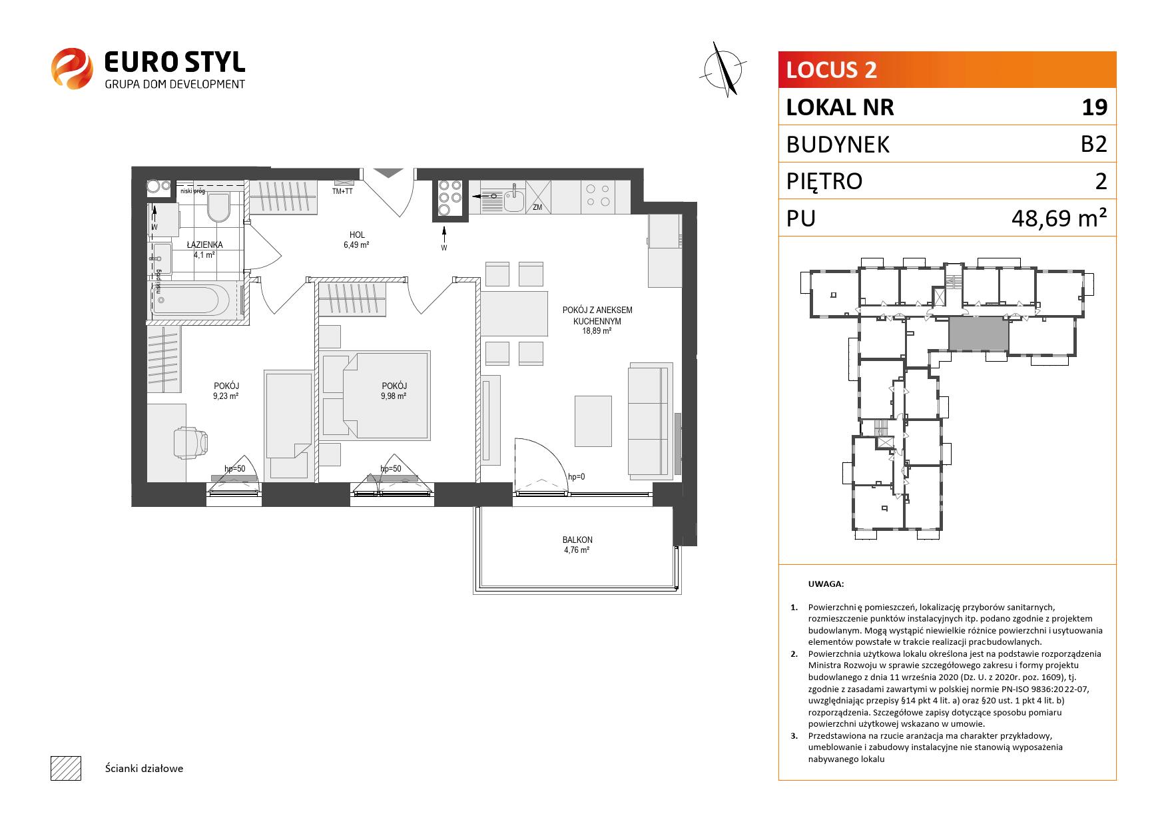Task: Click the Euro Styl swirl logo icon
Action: click(71, 68)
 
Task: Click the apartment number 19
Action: click(1094, 107)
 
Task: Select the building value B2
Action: click(1093, 144)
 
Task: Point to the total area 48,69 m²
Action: click(1059, 218)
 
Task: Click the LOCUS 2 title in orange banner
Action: click(832, 69)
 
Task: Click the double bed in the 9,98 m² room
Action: click(374, 396)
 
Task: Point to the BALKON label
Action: click(577, 540)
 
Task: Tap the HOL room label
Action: click(357, 234)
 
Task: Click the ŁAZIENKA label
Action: click(204, 244)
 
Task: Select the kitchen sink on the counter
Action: click(512, 197)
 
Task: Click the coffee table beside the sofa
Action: click(593, 421)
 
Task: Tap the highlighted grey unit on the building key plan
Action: click(978, 334)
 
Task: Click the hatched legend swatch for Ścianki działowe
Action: click(65, 768)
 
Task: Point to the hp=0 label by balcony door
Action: click(577, 476)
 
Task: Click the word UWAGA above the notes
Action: click(826, 584)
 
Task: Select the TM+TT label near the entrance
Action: click(342, 191)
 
